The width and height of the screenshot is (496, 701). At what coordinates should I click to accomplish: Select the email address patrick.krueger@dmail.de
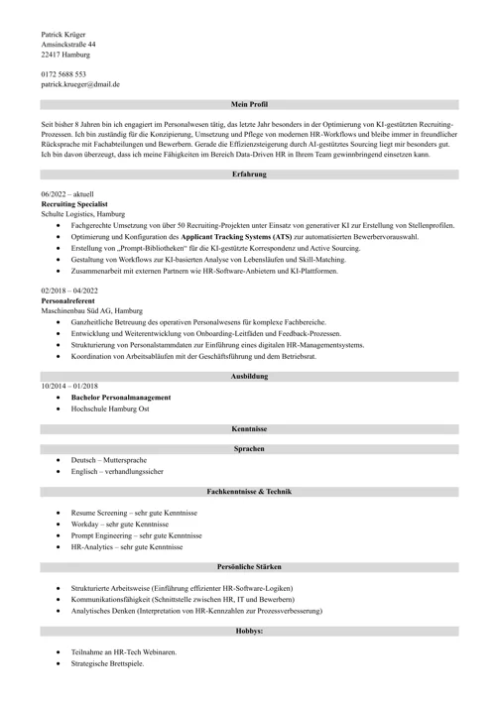(x=80, y=85)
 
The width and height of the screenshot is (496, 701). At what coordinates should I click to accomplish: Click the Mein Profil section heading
(x=249, y=104)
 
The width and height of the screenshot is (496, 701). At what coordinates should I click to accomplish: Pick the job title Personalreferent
(x=70, y=299)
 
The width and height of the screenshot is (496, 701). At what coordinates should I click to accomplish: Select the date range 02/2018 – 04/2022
(x=70, y=290)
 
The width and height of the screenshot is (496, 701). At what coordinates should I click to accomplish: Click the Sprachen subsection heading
(x=249, y=449)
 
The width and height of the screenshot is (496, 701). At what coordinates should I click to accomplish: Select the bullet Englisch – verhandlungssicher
(x=117, y=472)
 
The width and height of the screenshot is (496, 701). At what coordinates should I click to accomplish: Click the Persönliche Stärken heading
(x=249, y=566)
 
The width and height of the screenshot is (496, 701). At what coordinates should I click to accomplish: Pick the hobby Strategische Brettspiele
(x=107, y=663)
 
